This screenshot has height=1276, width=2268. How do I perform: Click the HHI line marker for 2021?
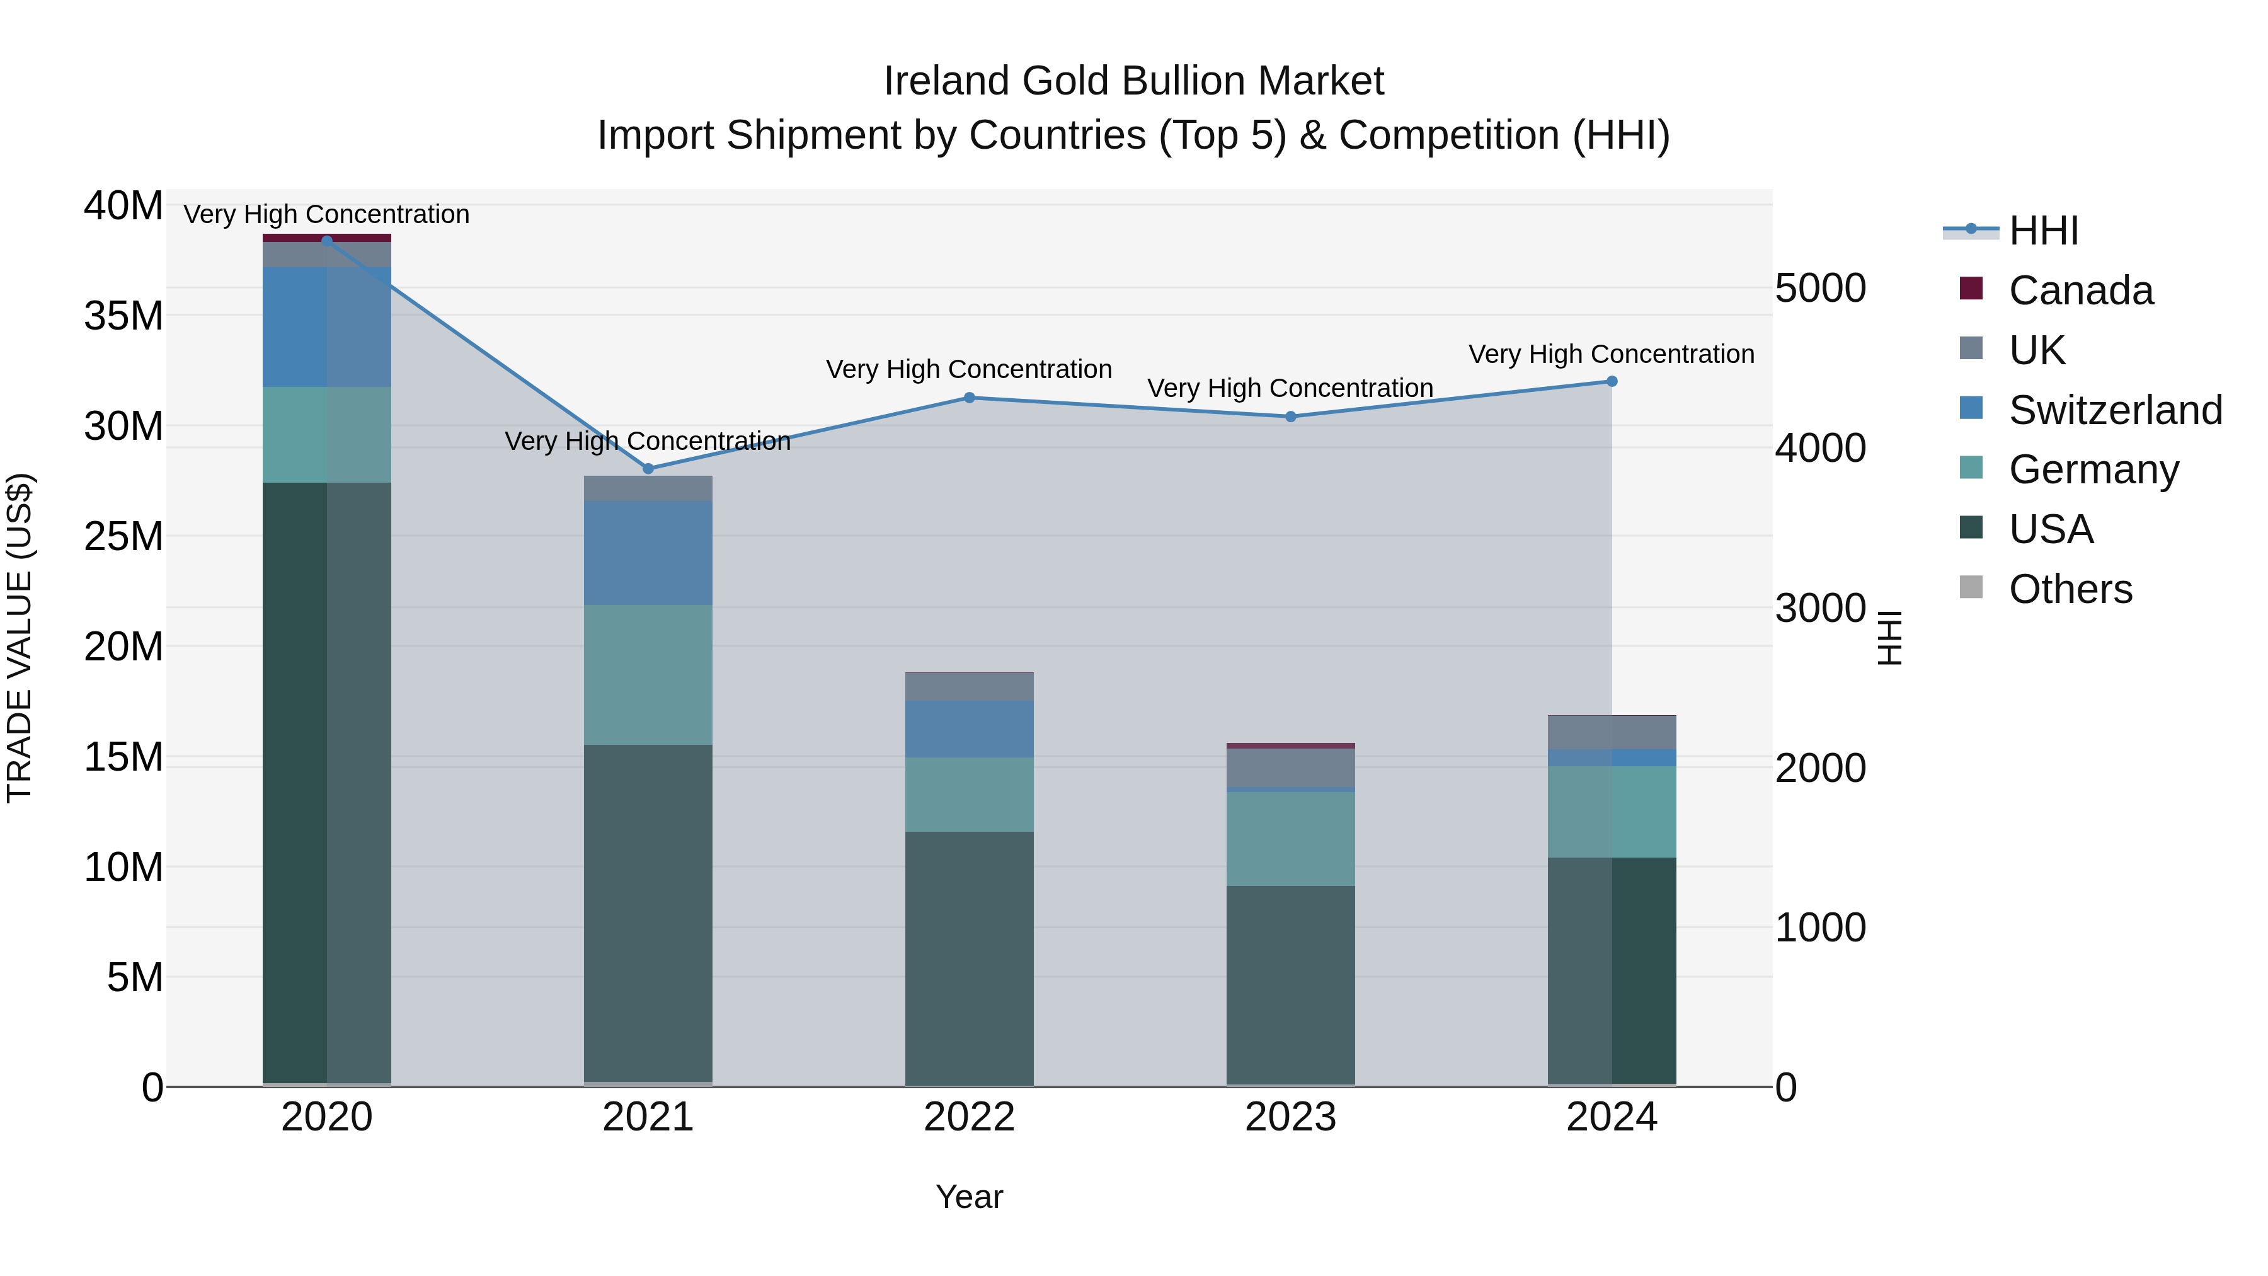point(648,468)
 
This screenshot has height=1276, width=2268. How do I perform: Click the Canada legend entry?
point(2080,290)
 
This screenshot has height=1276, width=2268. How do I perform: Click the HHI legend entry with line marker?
point(2042,231)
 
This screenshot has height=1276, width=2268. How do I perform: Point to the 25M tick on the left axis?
point(123,536)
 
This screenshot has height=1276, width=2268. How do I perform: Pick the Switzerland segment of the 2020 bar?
point(326,326)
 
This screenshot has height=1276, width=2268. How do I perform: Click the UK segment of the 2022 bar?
point(970,687)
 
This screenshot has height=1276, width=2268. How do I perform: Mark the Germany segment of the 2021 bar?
point(648,674)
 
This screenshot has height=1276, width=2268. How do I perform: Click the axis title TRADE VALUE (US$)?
point(20,638)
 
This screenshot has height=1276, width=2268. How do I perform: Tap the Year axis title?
point(970,1197)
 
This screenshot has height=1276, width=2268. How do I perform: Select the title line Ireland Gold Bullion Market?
point(1133,81)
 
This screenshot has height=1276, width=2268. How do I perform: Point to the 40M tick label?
point(123,206)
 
